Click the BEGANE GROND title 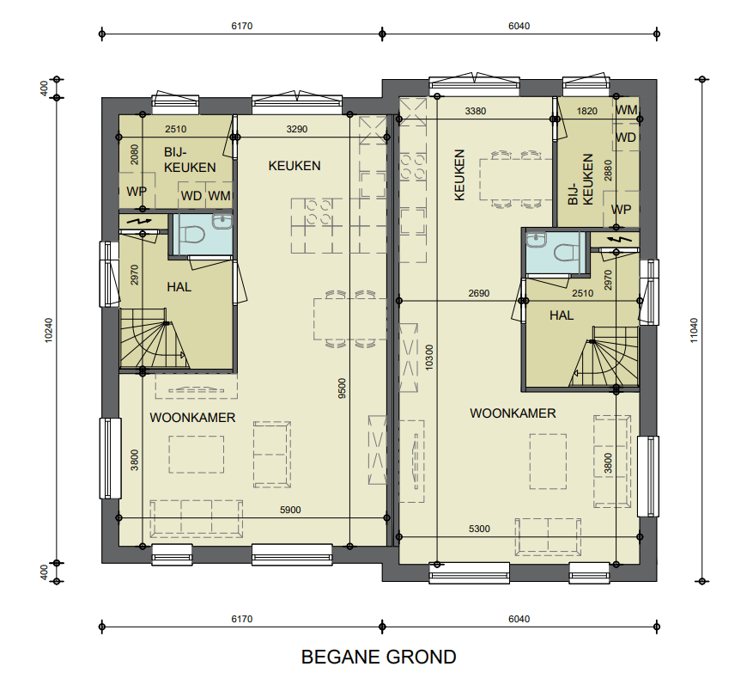pos(379,657)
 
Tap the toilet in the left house pos(195,235)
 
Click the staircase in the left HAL pos(154,339)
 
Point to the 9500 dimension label pos(342,388)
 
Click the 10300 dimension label pos(429,358)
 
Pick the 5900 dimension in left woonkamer pos(290,510)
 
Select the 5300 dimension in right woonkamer pos(479,529)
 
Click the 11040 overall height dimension pos(694,330)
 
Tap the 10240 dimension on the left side pos(48,330)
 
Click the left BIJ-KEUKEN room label pos(190,160)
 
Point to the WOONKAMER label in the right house pos(513,413)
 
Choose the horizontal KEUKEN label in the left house pos(295,166)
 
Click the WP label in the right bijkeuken pos(621,210)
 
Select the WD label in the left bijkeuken pos(191,196)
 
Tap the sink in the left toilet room pos(222,222)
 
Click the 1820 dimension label pos(586,111)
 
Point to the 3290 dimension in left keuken pos(297,129)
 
